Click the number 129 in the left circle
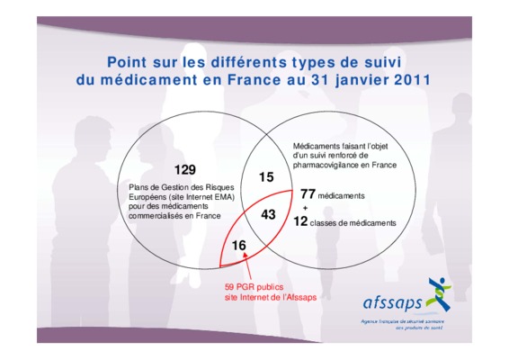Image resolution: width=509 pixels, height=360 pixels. (x=185, y=169)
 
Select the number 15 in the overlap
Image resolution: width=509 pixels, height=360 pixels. (x=266, y=177)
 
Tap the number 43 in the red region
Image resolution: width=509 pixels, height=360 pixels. (x=268, y=214)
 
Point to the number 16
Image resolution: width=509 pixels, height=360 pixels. (x=239, y=246)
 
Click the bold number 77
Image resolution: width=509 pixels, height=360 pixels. (x=308, y=194)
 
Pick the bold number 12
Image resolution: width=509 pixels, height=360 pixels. (x=300, y=221)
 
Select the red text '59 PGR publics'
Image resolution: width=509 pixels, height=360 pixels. (x=254, y=287)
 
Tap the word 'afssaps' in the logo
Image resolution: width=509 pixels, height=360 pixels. (x=392, y=303)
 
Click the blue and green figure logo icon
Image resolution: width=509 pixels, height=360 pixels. (x=439, y=294)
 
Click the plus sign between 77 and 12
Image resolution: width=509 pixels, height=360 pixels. (x=305, y=208)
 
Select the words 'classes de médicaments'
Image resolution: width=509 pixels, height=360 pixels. (x=353, y=223)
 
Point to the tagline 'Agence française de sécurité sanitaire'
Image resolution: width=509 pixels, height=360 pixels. (x=403, y=321)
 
